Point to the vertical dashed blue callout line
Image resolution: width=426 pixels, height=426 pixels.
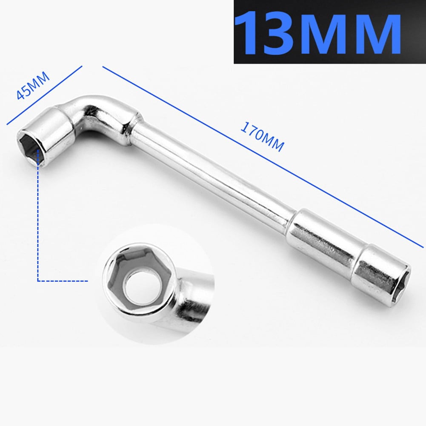tap(38, 221)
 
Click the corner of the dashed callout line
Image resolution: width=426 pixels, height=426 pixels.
tap(38, 281)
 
